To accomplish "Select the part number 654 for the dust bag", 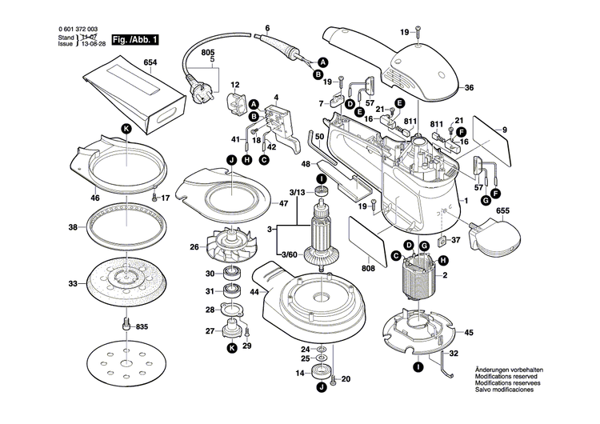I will pyautogui.click(x=150, y=62).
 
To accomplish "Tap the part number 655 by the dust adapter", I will pyautogui.click(x=503, y=212).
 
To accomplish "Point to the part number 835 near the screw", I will pyautogui.click(x=142, y=326).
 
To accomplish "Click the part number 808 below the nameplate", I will pyautogui.click(x=369, y=269).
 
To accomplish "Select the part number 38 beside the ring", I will pyautogui.click(x=73, y=227).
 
